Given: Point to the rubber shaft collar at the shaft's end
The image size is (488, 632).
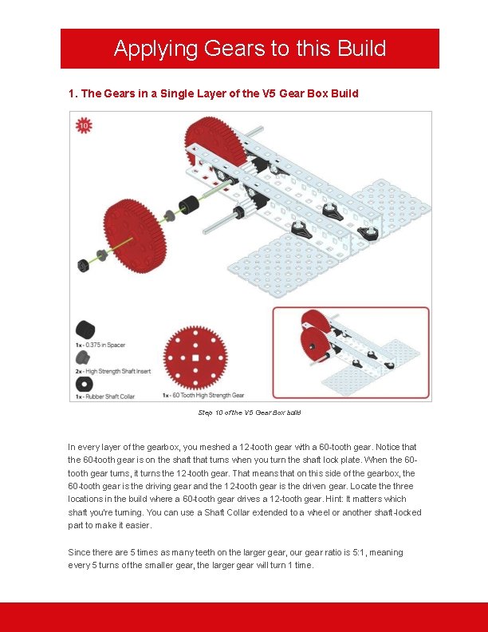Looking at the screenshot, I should [x=82, y=265].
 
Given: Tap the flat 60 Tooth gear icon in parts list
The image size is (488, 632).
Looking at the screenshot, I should [x=195, y=358].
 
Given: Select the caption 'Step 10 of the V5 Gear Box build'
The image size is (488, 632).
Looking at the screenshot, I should [x=249, y=413].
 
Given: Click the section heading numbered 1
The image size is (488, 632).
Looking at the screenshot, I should [x=214, y=93].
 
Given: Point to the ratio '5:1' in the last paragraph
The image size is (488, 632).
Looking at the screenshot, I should [x=329, y=552].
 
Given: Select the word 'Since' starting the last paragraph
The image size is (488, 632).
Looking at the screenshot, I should [x=79, y=552].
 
